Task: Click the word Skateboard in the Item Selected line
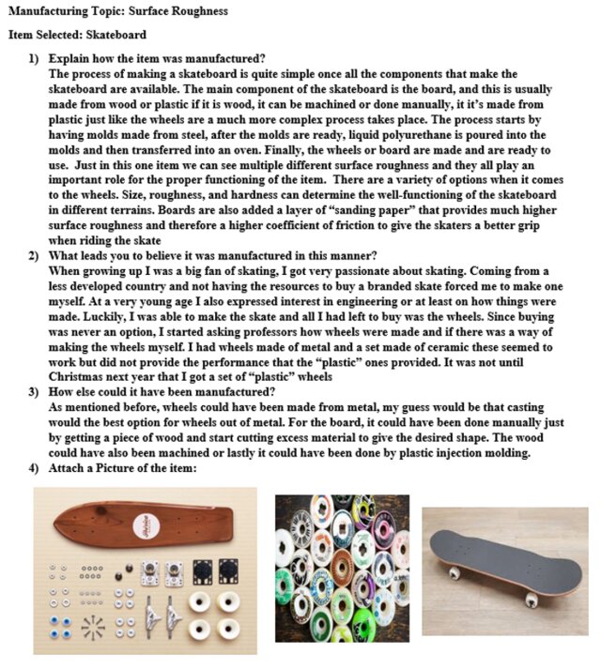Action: pyautogui.click(x=116, y=35)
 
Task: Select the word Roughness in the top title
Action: pyautogui.click(x=196, y=9)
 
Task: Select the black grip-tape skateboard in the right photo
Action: pyautogui.click(x=506, y=555)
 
